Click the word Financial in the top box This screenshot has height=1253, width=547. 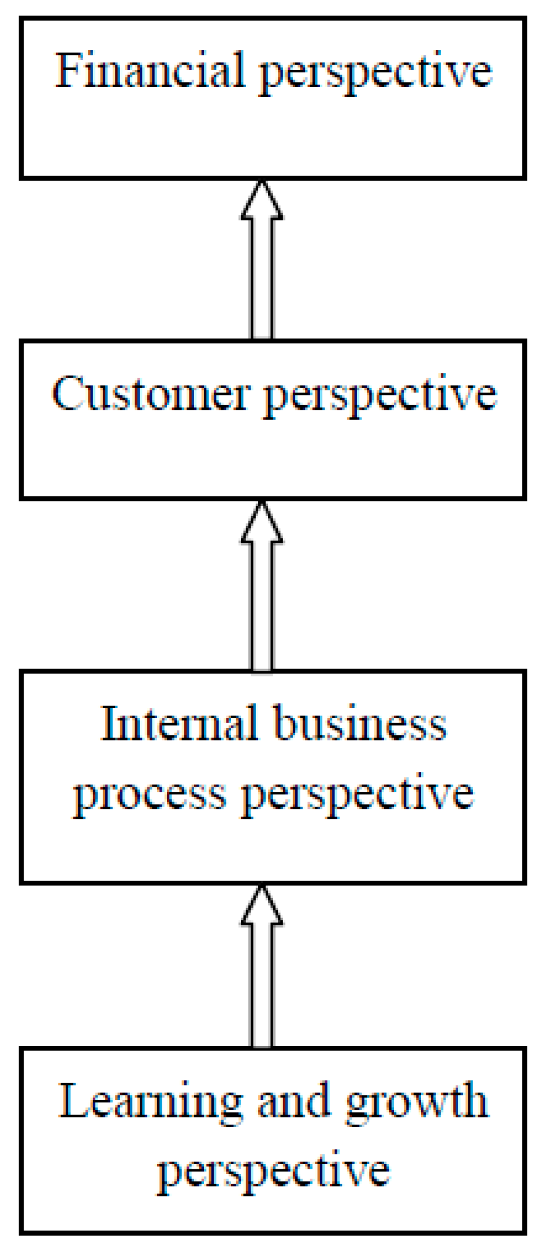coord(149,71)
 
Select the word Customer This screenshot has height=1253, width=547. coord(151,394)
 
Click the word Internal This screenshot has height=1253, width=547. coord(179,723)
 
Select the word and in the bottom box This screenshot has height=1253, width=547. coord(293,1101)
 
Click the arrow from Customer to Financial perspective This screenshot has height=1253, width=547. coord(262,271)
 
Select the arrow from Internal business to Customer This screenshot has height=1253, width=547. coord(262,600)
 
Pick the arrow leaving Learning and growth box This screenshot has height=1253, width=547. coord(262,981)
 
